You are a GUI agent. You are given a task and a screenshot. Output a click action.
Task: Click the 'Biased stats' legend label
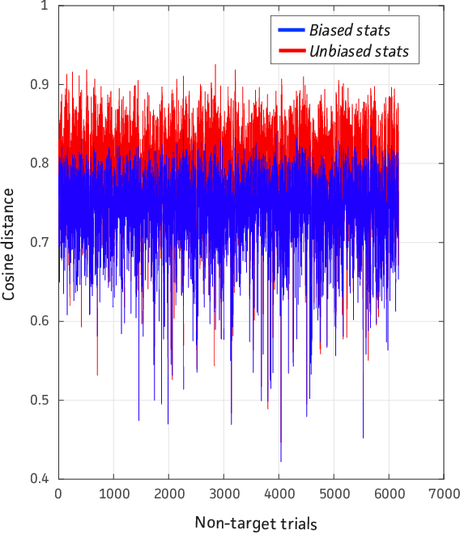(x=350, y=31)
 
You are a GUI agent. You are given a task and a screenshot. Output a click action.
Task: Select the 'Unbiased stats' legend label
(x=359, y=52)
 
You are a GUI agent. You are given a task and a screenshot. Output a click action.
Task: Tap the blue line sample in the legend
(x=290, y=31)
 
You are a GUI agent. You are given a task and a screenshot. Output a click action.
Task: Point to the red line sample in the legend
(x=290, y=52)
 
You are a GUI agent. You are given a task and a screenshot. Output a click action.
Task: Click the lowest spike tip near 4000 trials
(x=281, y=461)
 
